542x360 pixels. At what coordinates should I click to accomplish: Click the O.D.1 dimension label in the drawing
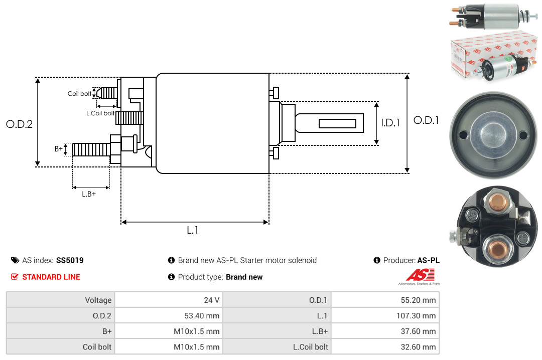pos(426,120)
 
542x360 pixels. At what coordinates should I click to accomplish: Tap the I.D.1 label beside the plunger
pos(390,122)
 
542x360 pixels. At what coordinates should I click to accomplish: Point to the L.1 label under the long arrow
pos(193,230)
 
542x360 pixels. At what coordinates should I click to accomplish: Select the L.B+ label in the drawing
pos(89,194)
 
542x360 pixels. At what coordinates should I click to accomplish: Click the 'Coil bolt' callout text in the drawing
pos(79,94)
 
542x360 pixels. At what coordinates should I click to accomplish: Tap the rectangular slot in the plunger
pos(337,123)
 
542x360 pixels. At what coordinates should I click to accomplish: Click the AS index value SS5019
pos(70,260)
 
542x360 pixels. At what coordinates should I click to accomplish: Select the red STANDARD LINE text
pos(51,277)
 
